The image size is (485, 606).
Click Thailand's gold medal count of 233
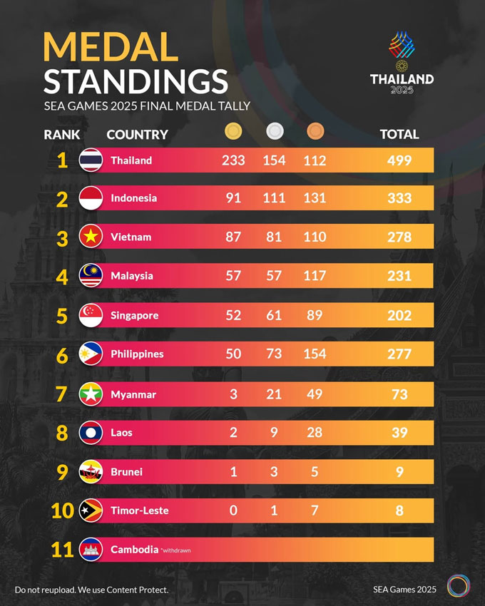[x=233, y=160]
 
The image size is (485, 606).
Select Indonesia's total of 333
[x=399, y=198]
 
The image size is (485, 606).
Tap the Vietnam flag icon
[x=91, y=237]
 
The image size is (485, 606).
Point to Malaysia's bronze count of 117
[x=315, y=276]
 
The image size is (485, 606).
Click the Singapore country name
[x=134, y=315]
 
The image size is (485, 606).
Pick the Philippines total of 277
[x=399, y=354]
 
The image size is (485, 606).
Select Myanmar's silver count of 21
[x=274, y=394]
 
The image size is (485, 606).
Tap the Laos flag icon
[x=91, y=433]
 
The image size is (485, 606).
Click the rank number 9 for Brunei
[x=62, y=472]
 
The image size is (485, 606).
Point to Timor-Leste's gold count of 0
[x=233, y=510]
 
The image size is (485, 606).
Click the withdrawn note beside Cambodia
[x=176, y=550]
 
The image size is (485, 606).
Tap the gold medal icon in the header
[x=233, y=131]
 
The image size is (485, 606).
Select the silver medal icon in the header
[x=274, y=131]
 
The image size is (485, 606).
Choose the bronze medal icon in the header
[x=315, y=131]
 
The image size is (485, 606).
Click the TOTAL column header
[x=399, y=134]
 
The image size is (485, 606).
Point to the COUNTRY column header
[x=137, y=134]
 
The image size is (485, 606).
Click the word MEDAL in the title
[x=111, y=47]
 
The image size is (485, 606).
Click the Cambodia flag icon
[x=91, y=550]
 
